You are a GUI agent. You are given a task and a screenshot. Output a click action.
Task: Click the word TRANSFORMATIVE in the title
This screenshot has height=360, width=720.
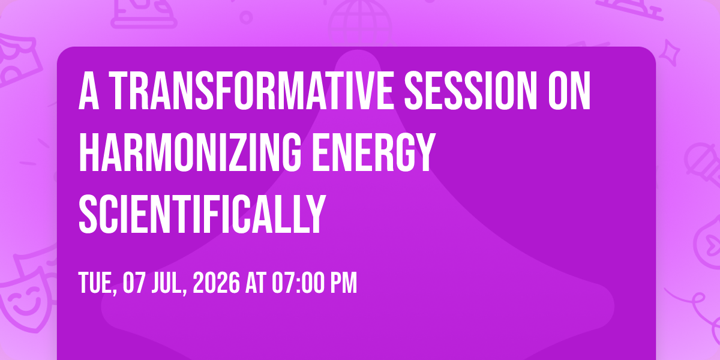point(251,91)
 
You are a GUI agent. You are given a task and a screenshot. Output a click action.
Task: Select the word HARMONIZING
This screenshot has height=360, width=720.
point(190,152)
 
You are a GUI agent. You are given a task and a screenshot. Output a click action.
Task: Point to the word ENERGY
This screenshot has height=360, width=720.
point(374,152)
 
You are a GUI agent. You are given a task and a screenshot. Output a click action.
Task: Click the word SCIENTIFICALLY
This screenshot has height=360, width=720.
point(202,214)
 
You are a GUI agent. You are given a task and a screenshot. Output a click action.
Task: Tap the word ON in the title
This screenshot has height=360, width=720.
point(569,91)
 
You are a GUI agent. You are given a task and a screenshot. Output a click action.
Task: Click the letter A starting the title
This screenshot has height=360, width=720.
point(89,91)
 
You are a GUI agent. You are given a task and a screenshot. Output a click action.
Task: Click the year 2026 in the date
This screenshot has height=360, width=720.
point(216,283)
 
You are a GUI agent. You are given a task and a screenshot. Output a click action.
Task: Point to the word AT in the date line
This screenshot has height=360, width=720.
point(256,283)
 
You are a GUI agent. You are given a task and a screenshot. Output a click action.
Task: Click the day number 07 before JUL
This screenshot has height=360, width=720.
point(134,283)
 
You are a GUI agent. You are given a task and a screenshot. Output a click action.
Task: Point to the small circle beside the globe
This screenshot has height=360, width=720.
point(246,17)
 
